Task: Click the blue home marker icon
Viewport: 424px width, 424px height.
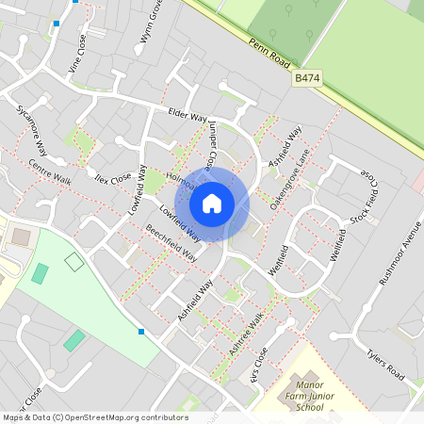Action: pos(212,203)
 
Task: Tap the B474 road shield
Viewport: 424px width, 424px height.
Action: pos(307,79)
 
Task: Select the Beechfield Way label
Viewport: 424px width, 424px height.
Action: pos(171,242)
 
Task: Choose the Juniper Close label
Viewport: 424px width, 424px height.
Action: pos(215,147)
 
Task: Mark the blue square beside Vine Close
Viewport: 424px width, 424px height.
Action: pos(57,24)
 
